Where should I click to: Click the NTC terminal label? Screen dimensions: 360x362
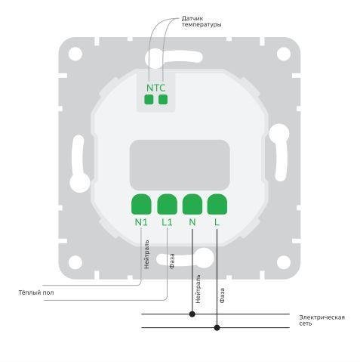[155, 88]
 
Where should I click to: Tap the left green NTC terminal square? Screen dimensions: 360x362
[149, 100]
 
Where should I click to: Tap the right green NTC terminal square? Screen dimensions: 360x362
[163, 100]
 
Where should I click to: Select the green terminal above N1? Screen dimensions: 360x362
[141, 204]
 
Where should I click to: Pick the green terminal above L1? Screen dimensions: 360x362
[167, 204]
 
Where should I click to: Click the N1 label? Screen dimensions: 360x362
[141, 222]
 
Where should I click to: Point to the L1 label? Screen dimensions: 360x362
[167, 222]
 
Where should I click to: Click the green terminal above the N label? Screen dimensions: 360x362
[192, 204]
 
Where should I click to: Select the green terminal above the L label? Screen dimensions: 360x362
[217, 204]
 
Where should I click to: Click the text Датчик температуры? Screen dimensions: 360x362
[202, 22]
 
